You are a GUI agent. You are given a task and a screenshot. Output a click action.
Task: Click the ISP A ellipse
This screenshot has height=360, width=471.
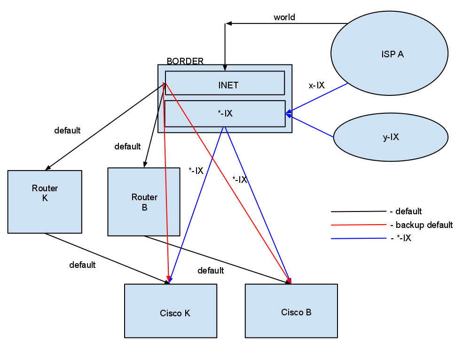pyautogui.click(x=389, y=53)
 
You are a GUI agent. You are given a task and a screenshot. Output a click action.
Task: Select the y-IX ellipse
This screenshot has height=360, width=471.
pyautogui.click(x=390, y=137)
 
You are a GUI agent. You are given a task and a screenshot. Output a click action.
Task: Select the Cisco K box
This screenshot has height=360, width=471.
pyautogui.click(x=170, y=311)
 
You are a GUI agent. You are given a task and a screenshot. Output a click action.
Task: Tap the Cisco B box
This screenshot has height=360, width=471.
pyautogui.click(x=291, y=311)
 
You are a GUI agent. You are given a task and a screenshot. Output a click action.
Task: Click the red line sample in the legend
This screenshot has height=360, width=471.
pyautogui.click(x=359, y=225)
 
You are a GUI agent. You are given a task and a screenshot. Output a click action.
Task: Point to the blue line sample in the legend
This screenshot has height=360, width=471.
pyautogui.click(x=359, y=238)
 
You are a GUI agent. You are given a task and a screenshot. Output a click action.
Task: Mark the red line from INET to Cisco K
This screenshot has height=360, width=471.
pyautogui.click(x=166, y=188)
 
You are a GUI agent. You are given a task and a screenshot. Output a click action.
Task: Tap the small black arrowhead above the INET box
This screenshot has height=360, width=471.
pyautogui.click(x=225, y=68)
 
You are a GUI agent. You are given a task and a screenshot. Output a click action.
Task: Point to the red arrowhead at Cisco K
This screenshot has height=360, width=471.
pyautogui.click(x=168, y=278)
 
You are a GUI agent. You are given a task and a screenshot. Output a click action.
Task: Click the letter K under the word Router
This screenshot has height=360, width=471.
pyautogui.click(x=45, y=198)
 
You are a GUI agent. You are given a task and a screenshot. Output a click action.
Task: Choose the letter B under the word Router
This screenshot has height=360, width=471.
pyautogui.click(x=144, y=207)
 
